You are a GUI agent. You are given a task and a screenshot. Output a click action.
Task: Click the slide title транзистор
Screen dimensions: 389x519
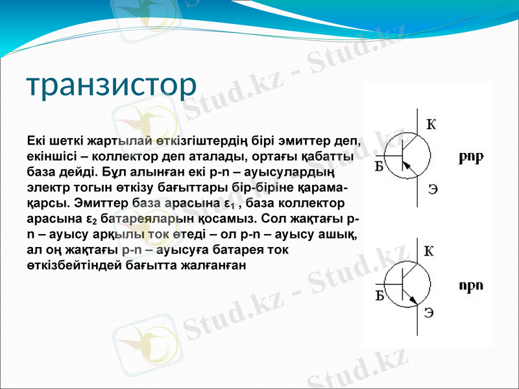coord(111,85)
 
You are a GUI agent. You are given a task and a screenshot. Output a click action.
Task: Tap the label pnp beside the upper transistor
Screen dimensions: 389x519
coord(472,158)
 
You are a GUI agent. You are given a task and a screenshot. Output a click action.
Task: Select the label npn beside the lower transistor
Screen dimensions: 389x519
coord(472,285)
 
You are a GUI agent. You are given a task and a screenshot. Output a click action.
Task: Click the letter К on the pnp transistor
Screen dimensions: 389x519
coord(431,124)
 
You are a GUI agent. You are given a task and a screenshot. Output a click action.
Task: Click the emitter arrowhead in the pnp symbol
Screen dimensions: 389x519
coord(407,167)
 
